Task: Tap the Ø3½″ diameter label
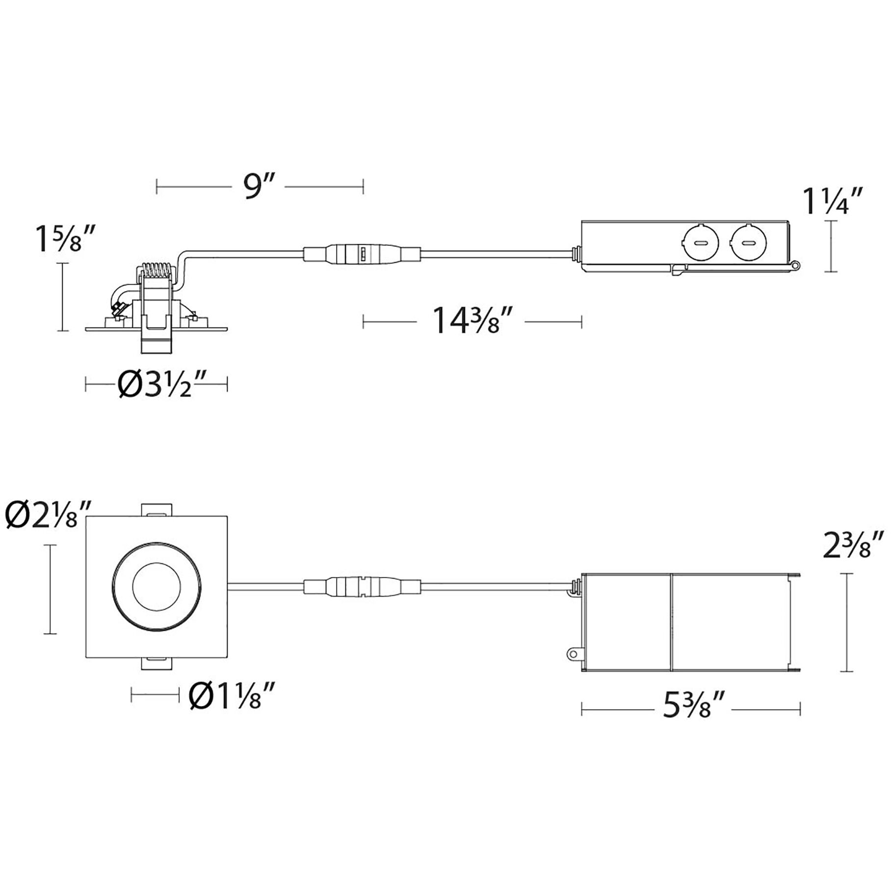coord(156,384)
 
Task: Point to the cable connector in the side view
coord(362,255)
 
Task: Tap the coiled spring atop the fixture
coord(157,271)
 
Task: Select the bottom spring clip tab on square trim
coord(157,663)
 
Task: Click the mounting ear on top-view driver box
coord(572,654)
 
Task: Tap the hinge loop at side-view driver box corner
coord(796,265)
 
